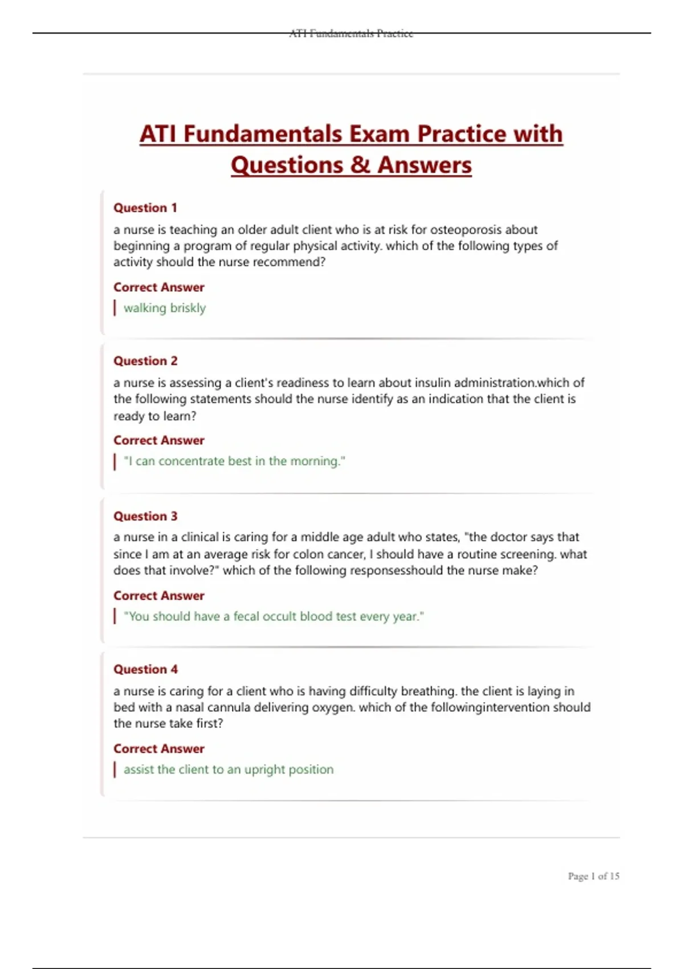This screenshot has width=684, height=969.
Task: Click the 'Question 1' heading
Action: pyautogui.click(x=145, y=208)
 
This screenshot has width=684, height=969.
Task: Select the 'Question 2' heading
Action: pyautogui.click(x=145, y=361)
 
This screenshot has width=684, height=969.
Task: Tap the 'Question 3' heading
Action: pyautogui.click(x=145, y=516)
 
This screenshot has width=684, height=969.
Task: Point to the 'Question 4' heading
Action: pyautogui.click(x=145, y=669)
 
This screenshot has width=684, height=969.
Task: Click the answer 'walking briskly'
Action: pyautogui.click(x=164, y=308)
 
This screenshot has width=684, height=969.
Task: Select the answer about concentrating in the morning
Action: pyautogui.click(x=234, y=461)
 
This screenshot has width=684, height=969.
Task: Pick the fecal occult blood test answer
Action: pyautogui.click(x=274, y=616)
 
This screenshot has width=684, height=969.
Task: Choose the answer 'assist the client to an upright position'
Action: pyautogui.click(x=228, y=769)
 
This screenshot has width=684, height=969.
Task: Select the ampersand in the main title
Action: pyautogui.click(x=360, y=165)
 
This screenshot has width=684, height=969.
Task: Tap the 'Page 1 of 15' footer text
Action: pyautogui.click(x=593, y=876)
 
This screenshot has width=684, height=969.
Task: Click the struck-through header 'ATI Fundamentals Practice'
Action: pyautogui.click(x=351, y=34)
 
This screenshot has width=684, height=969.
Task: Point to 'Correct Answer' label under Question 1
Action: pyautogui.click(x=158, y=287)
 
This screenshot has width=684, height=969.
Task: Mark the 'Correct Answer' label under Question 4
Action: pyautogui.click(x=158, y=749)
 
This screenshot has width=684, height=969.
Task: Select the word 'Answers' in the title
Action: pyautogui.click(x=425, y=165)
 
